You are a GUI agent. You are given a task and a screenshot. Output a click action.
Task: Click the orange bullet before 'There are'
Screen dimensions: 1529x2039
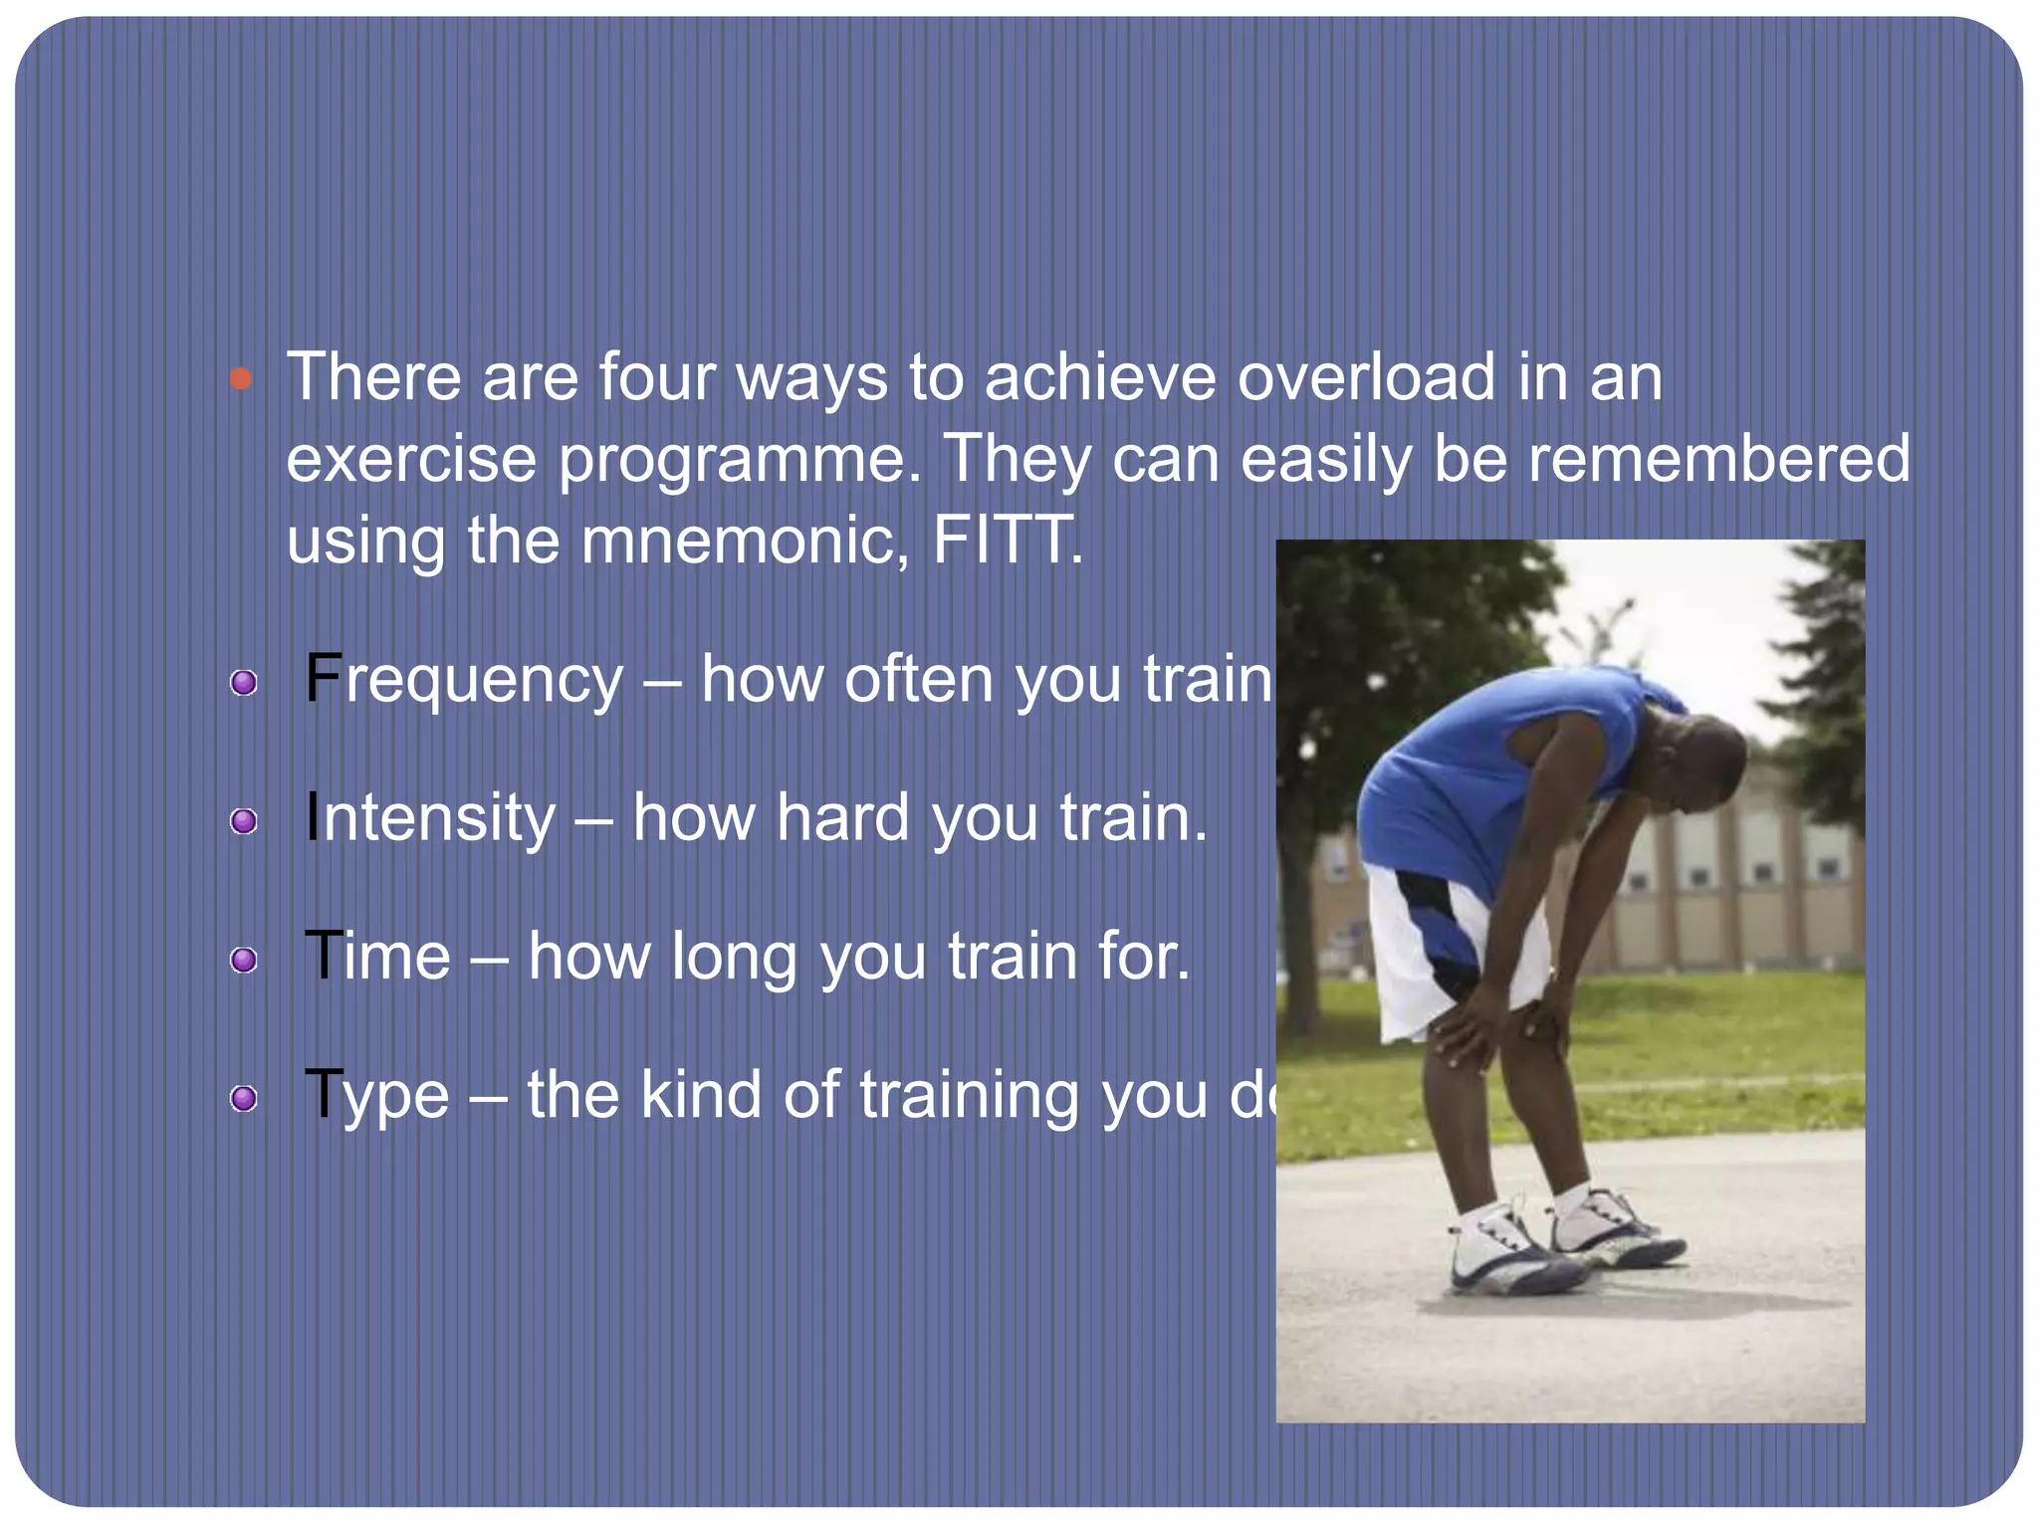(x=240, y=378)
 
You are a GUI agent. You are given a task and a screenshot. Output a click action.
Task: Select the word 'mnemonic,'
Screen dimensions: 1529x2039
(x=745, y=543)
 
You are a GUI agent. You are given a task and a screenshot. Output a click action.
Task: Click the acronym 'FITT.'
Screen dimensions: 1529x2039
(x=1008, y=541)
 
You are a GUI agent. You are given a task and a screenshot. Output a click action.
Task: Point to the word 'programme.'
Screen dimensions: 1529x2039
(x=740, y=461)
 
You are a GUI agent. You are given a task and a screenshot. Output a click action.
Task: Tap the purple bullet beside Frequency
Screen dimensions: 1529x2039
(x=243, y=683)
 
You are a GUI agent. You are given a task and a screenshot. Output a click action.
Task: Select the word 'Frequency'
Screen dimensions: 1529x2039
(x=464, y=681)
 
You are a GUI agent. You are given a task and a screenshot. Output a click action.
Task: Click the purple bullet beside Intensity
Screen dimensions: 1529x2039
(x=243, y=821)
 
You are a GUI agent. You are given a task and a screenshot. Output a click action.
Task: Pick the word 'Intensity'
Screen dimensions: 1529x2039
(x=430, y=819)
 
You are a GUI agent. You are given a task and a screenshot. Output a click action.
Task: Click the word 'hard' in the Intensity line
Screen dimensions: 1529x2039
(x=842, y=818)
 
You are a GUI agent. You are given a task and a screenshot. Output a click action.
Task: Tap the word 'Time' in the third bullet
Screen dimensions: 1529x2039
(x=377, y=957)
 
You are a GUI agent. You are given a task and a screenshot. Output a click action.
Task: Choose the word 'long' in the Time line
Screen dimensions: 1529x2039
(x=734, y=959)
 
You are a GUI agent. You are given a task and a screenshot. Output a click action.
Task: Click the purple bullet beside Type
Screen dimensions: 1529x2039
(x=243, y=1098)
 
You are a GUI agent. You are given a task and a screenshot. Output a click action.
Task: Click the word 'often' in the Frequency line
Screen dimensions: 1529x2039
(x=917, y=680)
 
